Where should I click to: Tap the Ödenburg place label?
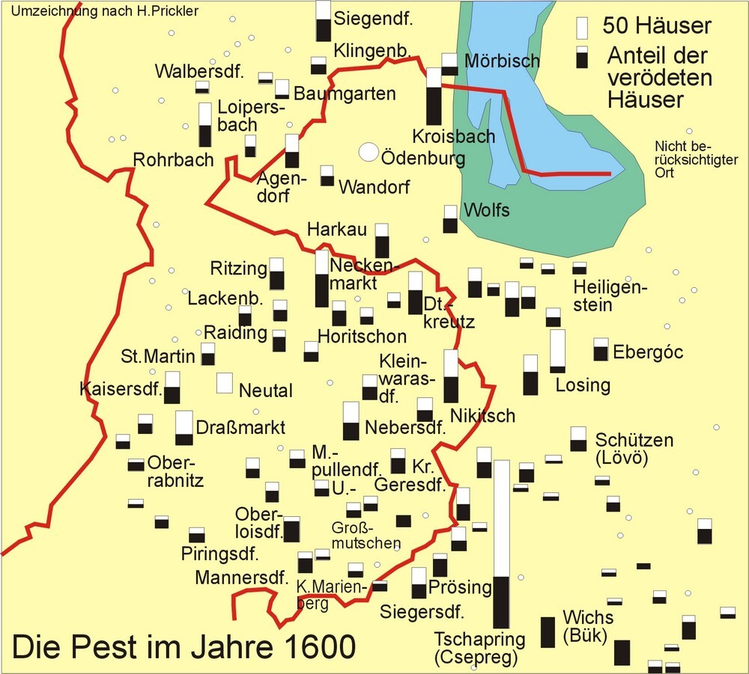(x=423, y=158)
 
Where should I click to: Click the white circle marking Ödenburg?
(x=368, y=152)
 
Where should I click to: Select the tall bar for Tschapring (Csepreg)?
(x=501, y=544)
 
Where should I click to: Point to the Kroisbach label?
(x=454, y=136)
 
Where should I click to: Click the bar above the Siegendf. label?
(x=323, y=20)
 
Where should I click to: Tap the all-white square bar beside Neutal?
(x=224, y=382)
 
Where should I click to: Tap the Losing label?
(x=583, y=385)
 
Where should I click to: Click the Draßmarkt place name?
(x=240, y=428)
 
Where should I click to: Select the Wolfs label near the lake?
(x=487, y=210)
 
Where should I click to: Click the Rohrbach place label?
(x=173, y=159)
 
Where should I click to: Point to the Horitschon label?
(x=362, y=336)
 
